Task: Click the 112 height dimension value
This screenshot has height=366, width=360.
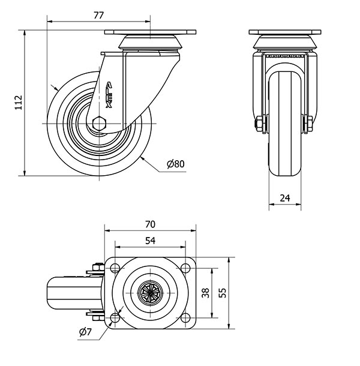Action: click(19, 103)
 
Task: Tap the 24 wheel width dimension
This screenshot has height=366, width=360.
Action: click(284, 197)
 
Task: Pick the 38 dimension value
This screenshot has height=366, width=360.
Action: click(205, 293)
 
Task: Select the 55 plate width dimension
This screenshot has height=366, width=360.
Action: click(223, 293)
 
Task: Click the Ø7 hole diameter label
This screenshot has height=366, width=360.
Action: click(85, 332)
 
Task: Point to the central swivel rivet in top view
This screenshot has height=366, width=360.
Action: click(150, 293)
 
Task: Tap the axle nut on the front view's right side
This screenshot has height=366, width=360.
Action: click(309, 125)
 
